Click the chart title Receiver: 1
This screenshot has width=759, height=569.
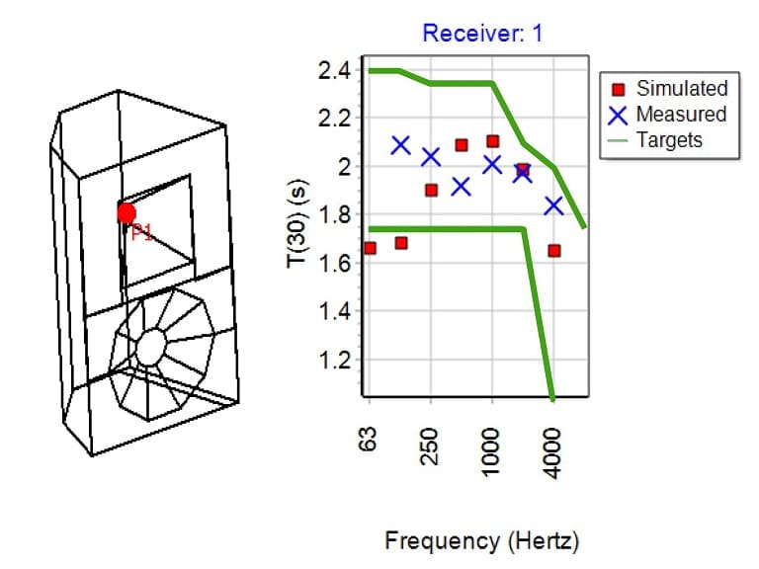(x=482, y=33)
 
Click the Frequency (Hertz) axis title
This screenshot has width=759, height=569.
(x=481, y=541)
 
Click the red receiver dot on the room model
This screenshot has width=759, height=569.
(x=126, y=213)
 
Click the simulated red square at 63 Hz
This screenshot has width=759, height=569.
(x=370, y=248)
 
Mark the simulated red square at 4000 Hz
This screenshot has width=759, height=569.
(x=554, y=250)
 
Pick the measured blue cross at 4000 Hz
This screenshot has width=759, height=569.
(x=553, y=205)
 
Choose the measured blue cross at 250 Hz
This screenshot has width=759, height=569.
(x=431, y=157)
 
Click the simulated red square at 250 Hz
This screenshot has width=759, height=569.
(x=431, y=190)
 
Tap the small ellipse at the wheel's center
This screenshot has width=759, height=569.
(x=150, y=347)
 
